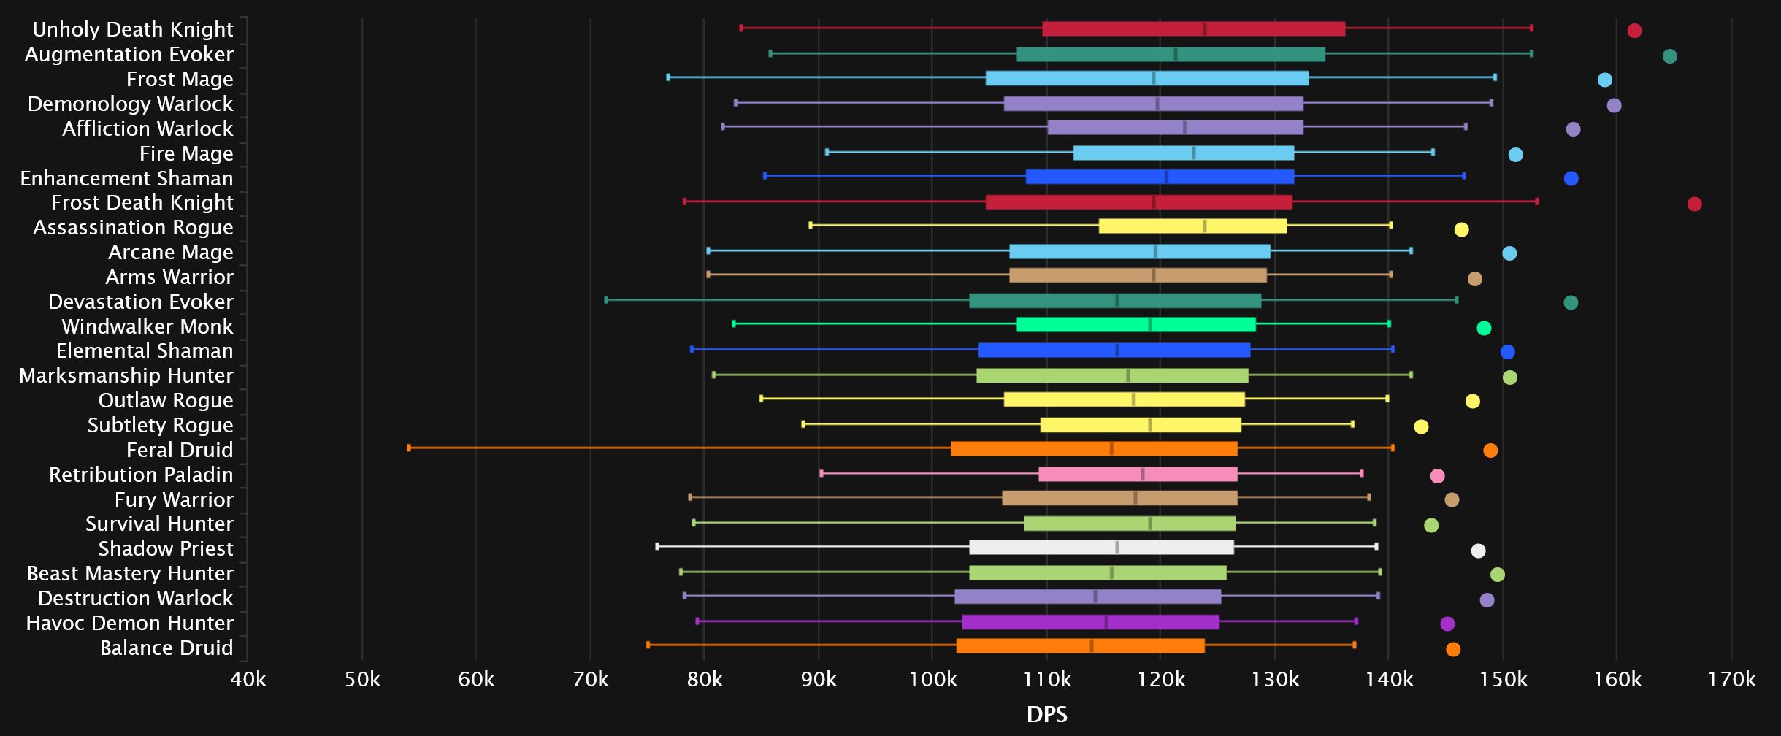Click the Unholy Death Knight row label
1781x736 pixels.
coord(133,29)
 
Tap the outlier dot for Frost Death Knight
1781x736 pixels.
coord(1694,204)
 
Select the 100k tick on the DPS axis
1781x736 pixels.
coord(932,680)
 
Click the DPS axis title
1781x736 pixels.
coord(1046,714)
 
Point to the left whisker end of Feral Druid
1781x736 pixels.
coord(409,448)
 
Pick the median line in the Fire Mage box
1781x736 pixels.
coord(1193,153)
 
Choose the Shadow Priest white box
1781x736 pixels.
coord(1101,548)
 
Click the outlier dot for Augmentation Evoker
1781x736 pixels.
coord(1669,56)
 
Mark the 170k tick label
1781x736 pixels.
coord(1731,680)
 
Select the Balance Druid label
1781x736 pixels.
coord(166,648)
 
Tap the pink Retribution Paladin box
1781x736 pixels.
coord(1138,475)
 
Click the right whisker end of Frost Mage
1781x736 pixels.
coord(1495,77)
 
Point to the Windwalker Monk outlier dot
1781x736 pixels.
coord(1484,328)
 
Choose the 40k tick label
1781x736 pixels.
coord(248,680)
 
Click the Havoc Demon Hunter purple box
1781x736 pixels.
coord(1090,622)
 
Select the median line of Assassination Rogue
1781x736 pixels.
coord(1204,226)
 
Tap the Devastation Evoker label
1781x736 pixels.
coord(141,302)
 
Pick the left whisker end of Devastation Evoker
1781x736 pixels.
coord(606,299)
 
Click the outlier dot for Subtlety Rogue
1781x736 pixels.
coord(1421,426)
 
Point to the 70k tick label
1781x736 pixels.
coord(591,680)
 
